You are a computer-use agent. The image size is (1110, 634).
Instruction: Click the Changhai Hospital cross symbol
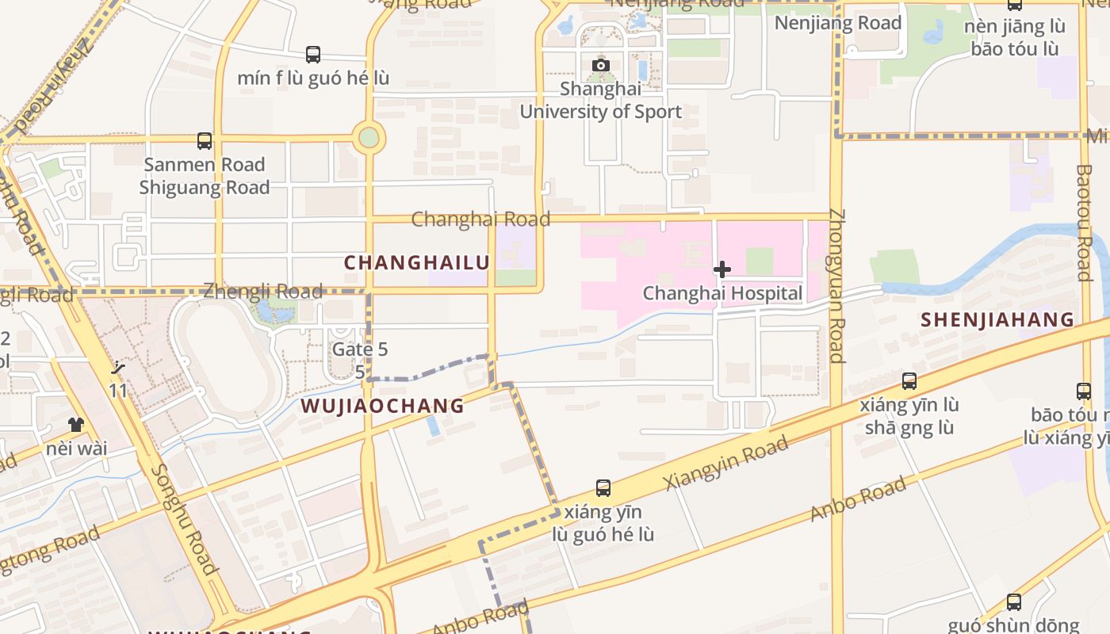point(721,269)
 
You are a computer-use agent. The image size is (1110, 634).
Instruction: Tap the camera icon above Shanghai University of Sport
point(601,65)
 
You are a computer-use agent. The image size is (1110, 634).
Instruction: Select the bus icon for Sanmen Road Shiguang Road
point(205,141)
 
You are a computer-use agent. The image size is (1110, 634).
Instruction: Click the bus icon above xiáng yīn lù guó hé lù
point(603,487)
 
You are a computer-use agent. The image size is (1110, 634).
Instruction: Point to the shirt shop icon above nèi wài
point(76,425)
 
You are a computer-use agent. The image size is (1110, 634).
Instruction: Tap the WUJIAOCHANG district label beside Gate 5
point(382,406)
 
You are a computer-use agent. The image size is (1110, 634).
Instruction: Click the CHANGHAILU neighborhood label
point(417,262)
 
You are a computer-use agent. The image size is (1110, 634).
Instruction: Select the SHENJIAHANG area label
point(997,320)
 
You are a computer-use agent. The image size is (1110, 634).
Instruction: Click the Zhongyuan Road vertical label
point(837,285)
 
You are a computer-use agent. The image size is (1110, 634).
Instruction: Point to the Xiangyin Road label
point(726,463)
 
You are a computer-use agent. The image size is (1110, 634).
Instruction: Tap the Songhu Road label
point(183,519)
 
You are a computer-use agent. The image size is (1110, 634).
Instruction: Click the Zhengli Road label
point(263,291)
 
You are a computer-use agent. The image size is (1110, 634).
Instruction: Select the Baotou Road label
point(1085,223)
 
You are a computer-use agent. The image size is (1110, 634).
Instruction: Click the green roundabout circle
point(369,138)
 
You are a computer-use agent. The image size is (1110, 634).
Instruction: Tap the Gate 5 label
point(360,349)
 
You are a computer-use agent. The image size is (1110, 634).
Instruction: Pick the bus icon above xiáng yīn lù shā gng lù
point(909,380)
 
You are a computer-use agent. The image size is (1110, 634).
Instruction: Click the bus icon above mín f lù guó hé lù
point(313,55)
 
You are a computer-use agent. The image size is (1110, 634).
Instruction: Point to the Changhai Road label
point(480,219)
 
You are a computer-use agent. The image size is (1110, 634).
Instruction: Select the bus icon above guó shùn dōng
point(1013,602)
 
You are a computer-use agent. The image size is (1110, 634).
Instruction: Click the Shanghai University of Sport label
point(600,100)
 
